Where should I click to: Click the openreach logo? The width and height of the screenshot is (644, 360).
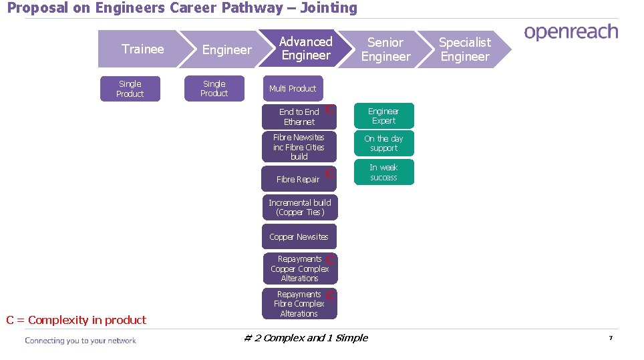tap(571, 33)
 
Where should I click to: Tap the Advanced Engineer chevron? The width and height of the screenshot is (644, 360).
tap(305, 49)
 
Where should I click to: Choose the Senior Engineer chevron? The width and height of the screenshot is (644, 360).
tap(385, 49)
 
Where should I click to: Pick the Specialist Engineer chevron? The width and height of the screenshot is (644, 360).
tap(465, 49)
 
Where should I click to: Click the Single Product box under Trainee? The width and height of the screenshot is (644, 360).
tap(130, 89)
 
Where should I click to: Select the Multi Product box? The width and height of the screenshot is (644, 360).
tap(292, 88)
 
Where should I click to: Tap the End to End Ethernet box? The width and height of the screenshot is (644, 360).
tap(299, 117)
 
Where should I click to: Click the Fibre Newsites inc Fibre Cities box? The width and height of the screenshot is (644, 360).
tap(299, 147)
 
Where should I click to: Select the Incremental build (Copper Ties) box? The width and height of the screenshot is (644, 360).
tap(299, 207)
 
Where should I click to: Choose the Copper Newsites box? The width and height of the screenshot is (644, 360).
tap(299, 236)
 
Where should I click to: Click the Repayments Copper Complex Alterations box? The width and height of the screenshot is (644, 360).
tap(299, 268)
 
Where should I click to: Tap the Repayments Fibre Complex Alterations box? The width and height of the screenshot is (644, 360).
tap(299, 304)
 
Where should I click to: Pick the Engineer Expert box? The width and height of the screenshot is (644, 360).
tap(383, 116)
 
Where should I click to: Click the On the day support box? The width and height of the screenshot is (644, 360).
tap(383, 143)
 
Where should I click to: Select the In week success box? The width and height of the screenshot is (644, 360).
tap(383, 172)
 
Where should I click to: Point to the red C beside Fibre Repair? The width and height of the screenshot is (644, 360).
tap(329, 174)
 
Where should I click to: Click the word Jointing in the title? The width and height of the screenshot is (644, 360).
tap(329, 8)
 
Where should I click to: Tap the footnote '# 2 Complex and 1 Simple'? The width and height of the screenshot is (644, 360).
tap(306, 338)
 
